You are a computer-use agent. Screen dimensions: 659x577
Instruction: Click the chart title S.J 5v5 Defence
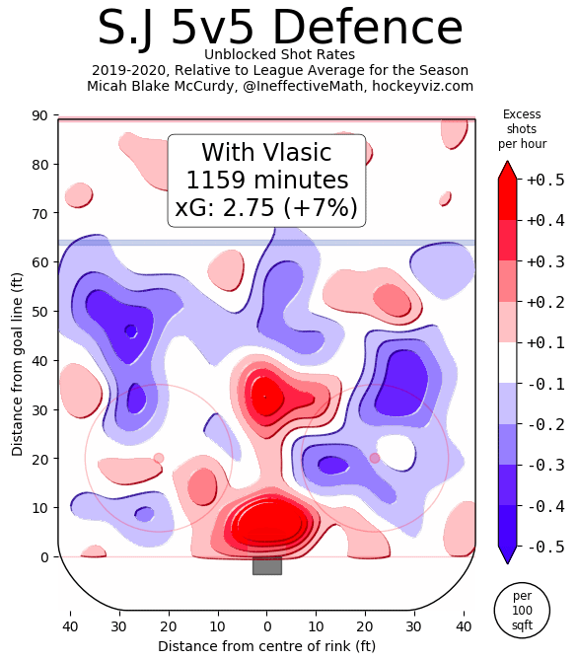(x=280, y=28)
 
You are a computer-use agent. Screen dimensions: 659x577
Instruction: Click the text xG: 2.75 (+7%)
(x=266, y=208)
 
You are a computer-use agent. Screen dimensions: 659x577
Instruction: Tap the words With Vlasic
(x=266, y=153)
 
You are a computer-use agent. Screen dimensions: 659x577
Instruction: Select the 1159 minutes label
(x=266, y=181)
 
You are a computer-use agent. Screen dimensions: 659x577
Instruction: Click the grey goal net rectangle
(x=266, y=565)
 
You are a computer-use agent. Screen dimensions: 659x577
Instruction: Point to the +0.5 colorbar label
(x=539, y=180)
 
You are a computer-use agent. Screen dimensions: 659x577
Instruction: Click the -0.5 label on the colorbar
(x=539, y=546)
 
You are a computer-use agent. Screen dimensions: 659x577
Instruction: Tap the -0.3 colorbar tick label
(x=539, y=465)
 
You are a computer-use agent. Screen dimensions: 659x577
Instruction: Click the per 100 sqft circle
(x=522, y=611)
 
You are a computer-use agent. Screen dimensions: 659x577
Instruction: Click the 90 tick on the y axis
(x=39, y=116)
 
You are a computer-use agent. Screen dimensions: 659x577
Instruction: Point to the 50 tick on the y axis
(x=39, y=312)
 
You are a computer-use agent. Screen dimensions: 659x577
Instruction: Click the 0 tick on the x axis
(x=266, y=626)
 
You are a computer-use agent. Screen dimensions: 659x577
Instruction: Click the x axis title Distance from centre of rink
(x=266, y=646)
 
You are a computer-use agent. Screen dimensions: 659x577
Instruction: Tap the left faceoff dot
(x=159, y=458)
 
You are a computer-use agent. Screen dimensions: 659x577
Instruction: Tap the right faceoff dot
(x=375, y=458)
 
